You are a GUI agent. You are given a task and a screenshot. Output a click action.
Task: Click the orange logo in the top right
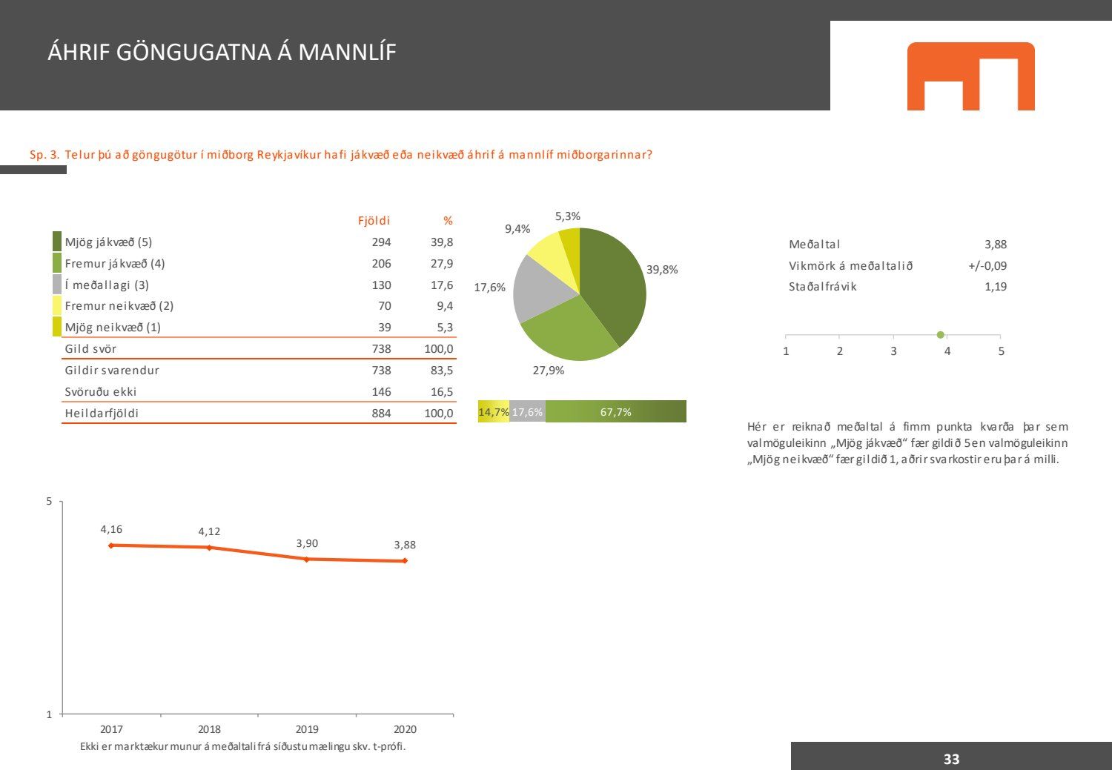point(970,76)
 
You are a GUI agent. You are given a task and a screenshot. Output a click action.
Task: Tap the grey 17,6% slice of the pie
point(543,287)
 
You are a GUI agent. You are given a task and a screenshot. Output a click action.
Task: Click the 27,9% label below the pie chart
point(549,371)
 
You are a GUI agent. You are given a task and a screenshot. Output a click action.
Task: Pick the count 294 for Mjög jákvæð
point(381,242)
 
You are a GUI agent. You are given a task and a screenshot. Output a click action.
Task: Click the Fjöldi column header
point(374,221)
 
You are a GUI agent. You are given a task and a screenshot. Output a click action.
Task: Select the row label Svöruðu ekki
point(101,392)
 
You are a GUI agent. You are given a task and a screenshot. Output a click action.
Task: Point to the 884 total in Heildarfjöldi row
point(381,414)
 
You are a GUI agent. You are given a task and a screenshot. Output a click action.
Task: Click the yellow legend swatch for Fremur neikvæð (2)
point(57,306)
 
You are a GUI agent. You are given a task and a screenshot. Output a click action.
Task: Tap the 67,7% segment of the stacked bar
point(616,412)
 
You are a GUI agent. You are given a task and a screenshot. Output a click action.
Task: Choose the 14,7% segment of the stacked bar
point(493,412)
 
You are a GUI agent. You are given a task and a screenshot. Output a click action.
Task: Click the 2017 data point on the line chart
point(111,545)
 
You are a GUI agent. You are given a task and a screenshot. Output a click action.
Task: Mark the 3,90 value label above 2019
point(307,543)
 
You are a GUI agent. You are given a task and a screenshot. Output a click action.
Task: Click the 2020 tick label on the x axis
point(405,729)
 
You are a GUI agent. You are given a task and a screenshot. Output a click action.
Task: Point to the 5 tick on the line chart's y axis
point(50,502)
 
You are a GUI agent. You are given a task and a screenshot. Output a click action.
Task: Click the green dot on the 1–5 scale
point(941,335)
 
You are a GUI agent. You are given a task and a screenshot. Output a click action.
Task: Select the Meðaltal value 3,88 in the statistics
point(995,245)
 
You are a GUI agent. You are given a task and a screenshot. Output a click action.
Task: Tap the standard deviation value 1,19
point(995,287)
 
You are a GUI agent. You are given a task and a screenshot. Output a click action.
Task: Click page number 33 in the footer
point(951,759)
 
